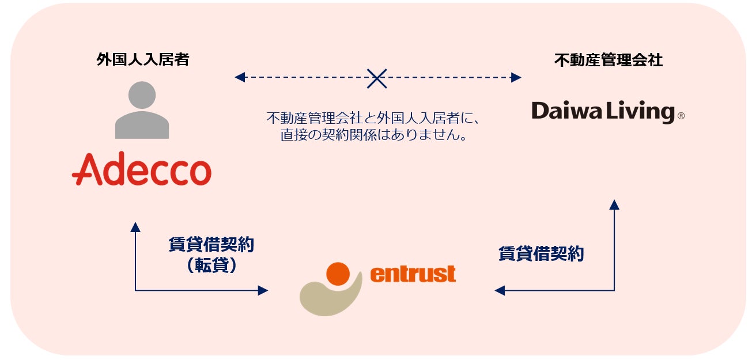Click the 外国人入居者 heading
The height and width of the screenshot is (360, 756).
142,60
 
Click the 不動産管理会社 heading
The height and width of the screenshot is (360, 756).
608,60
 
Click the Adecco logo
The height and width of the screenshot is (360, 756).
142,169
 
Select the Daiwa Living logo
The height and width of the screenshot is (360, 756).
603,111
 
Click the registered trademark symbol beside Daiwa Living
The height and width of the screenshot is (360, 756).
681,116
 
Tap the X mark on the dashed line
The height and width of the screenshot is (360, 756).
377,77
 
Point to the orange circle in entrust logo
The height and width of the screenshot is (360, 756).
338,274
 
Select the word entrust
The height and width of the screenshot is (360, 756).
413,274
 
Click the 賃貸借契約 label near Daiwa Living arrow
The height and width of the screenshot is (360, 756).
540,254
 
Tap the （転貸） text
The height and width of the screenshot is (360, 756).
211,266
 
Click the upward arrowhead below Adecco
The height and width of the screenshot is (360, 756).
135,227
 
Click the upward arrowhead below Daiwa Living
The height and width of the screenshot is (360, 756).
614,204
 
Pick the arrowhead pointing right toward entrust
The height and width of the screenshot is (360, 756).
263,290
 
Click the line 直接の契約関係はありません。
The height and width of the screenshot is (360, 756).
373,136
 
